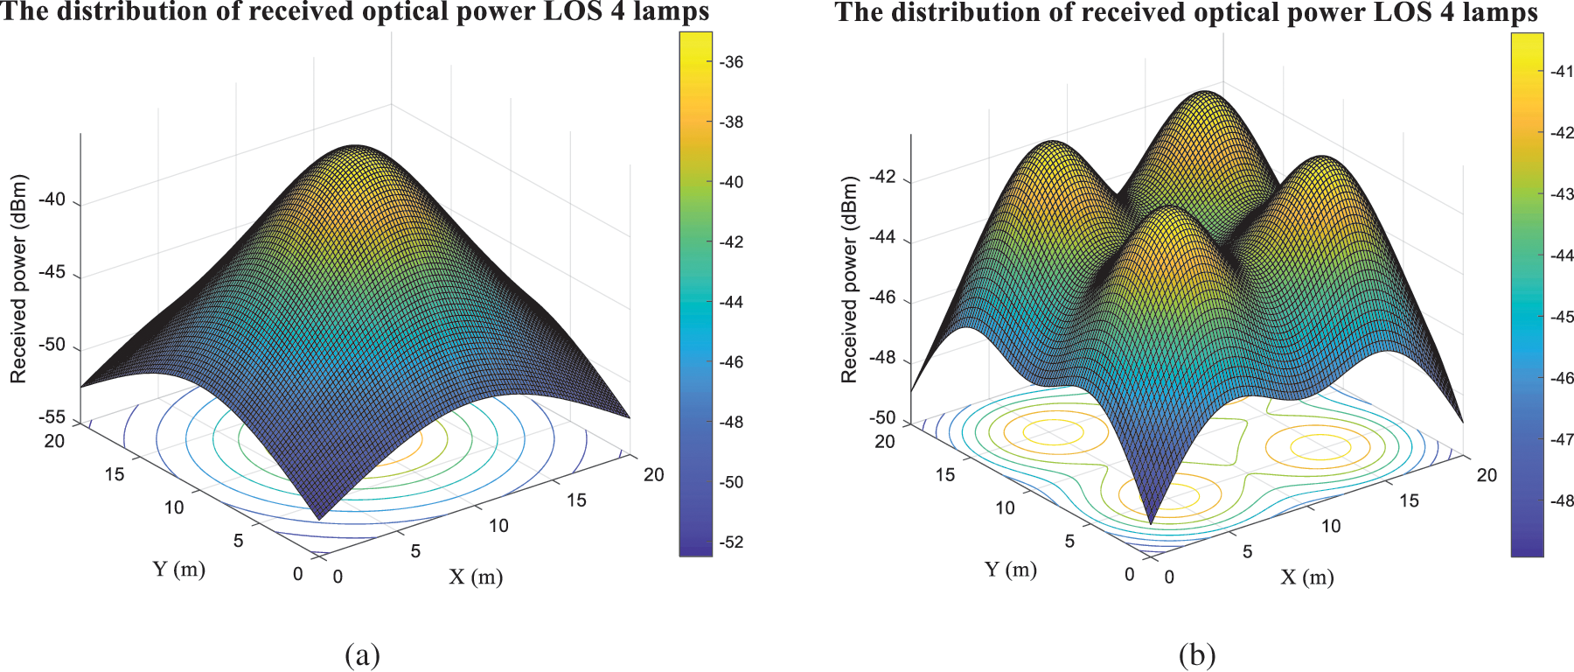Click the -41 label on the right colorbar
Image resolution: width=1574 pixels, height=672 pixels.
pos(1562,72)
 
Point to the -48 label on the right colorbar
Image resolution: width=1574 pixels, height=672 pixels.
pos(1562,501)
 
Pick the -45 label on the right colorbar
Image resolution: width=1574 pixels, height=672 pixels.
pos(1562,317)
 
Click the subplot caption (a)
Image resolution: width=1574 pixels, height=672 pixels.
pos(363,654)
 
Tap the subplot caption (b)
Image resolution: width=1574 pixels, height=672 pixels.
pos(1197,654)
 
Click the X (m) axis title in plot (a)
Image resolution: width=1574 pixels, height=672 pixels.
pos(476,577)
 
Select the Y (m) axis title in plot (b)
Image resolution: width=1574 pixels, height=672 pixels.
pos(1011,570)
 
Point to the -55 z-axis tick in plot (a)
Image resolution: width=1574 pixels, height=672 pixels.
pos(52,417)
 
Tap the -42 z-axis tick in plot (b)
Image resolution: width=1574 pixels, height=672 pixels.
pos(883,178)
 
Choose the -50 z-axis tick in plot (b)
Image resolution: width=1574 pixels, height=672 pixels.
pos(883,417)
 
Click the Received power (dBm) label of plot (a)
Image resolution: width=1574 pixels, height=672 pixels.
pos(18,279)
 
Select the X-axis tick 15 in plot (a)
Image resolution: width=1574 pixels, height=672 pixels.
pos(576,500)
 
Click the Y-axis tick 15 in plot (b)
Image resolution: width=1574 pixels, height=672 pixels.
pos(945,475)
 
